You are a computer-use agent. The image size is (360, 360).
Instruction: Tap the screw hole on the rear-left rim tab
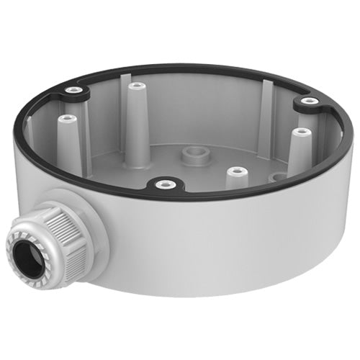[x=73, y=91]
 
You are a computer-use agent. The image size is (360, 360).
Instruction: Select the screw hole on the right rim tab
[x=307, y=101]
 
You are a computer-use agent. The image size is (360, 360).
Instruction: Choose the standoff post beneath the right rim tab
[x=301, y=134]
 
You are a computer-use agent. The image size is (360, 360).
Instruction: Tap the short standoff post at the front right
[x=237, y=173]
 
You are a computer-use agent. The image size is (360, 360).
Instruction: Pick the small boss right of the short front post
[x=274, y=176]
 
